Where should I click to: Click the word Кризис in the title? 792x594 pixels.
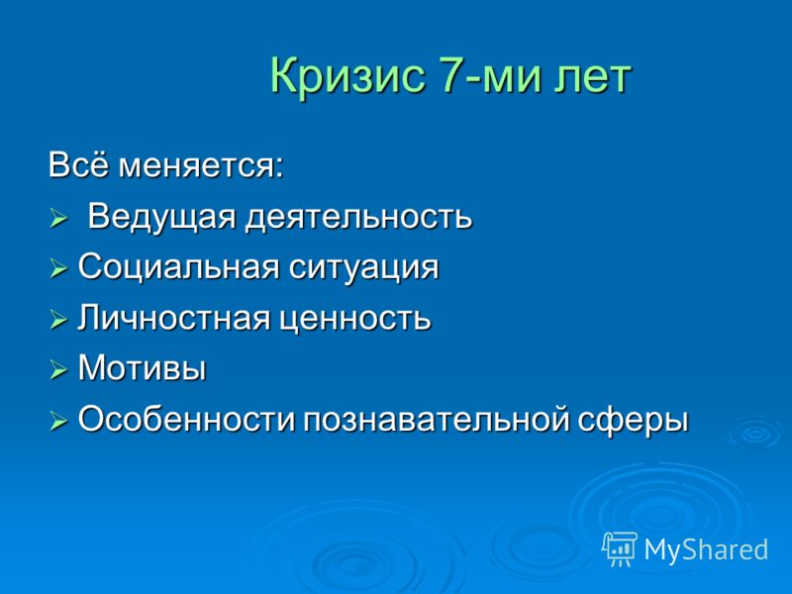pos(347,74)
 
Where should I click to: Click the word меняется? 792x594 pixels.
pos(201,166)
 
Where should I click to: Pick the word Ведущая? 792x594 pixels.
pos(162,217)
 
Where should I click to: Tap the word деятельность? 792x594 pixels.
pos(359,217)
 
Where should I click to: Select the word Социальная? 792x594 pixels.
pos(178,266)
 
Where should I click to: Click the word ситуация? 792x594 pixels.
pos(363,268)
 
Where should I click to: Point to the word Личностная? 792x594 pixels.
pos(173,318)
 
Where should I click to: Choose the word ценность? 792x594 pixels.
pos(355,320)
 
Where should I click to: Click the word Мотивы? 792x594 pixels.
pos(142,367)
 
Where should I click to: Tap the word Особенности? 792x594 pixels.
pos(186,419)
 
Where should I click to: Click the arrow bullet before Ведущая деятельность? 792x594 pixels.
pos(58,220)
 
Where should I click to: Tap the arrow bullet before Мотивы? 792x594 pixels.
pos(58,370)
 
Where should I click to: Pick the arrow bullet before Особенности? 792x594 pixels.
pos(58,422)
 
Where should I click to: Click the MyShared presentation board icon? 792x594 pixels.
pos(620,548)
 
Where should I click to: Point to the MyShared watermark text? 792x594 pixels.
pos(706,549)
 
